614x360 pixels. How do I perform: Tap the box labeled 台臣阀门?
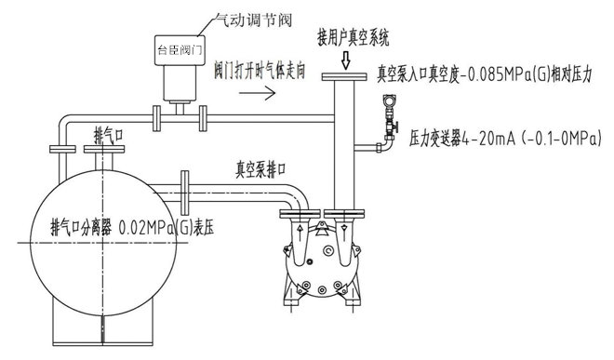click(x=180, y=46)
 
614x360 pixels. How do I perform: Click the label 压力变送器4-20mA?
click(x=460, y=136)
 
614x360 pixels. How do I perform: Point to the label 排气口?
click(x=110, y=132)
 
